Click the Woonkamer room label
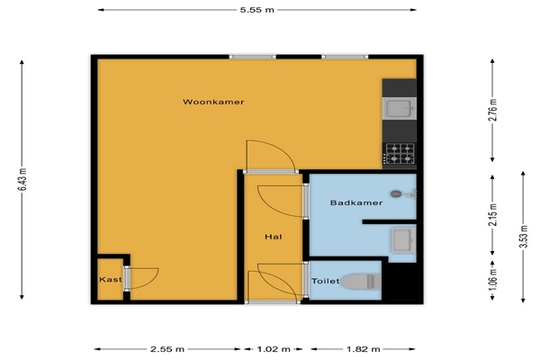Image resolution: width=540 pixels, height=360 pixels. click(x=213, y=102)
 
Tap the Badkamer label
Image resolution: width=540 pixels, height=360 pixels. click(x=356, y=202)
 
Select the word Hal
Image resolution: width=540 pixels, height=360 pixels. click(x=274, y=237)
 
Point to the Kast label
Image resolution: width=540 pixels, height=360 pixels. click(x=111, y=279)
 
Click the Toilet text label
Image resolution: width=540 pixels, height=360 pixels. click(x=326, y=281)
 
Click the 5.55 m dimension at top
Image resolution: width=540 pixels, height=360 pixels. click(x=256, y=10)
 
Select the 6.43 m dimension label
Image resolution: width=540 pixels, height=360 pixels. click(x=22, y=179)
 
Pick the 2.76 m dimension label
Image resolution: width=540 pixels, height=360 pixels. click(x=493, y=110)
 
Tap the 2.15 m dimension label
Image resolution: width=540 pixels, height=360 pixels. click(x=493, y=215)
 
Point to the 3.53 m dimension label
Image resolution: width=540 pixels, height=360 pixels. click(x=523, y=237)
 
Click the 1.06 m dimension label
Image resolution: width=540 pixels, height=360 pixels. click(x=493, y=280)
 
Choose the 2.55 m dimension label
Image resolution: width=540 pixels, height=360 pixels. click(x=167, y=349)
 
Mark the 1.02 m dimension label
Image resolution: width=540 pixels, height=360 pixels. click(x=274, y=349)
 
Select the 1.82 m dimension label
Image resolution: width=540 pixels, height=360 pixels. click(x=364, y=349)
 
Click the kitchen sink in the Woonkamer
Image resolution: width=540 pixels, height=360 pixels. click(x=399, y=108)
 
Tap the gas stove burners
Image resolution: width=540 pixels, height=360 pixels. click(x=400, y=154)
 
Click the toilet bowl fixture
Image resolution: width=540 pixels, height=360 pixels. click(x=361, y=282)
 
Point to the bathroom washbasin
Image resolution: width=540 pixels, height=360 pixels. click(x=403, y=240)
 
